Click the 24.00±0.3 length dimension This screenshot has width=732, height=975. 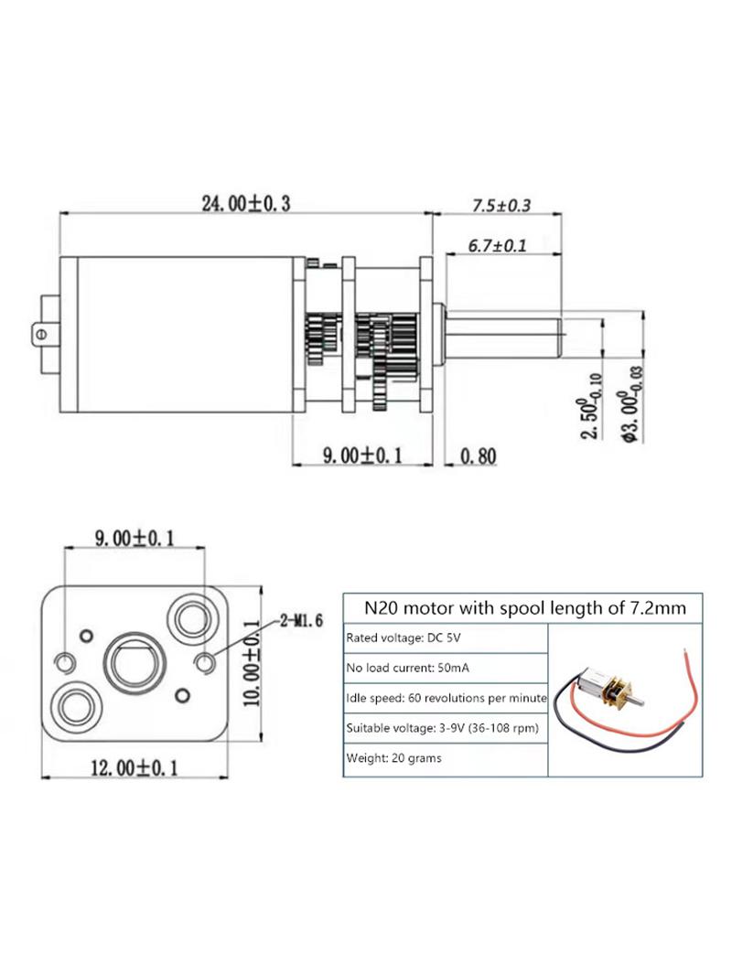[245, 203]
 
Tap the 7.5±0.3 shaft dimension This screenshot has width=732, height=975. [501, 205]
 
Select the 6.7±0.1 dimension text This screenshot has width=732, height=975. [497, 246]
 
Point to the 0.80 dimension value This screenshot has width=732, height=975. [479, 456]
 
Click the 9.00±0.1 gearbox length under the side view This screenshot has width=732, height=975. [362, 455]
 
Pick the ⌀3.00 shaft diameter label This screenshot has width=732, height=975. [632, 405]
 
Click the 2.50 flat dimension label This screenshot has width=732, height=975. [591, 406]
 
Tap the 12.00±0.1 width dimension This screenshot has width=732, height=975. [135, 767]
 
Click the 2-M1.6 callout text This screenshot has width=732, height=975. [301, 620]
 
